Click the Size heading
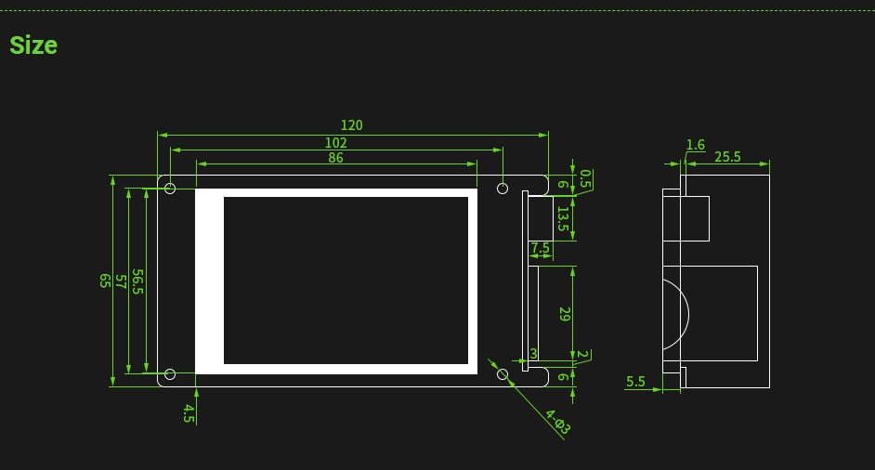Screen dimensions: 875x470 coord(33,46)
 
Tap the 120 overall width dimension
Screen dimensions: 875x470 coord(351,125)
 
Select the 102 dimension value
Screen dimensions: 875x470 coord(336,143)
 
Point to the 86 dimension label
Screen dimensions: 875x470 coord(336,157)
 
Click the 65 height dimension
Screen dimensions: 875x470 coord(104,281)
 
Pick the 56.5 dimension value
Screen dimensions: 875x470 coord(137,281)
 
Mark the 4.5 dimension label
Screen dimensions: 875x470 coord(189,413)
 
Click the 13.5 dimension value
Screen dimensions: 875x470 coord(563,219)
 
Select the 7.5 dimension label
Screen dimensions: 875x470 coord(540,247)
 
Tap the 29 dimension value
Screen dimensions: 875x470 coord(564,314)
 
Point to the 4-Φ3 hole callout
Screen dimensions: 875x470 coord(558,422)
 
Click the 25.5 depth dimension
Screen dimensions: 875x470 coord(727,157)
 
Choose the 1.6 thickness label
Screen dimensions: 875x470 coord(696,145)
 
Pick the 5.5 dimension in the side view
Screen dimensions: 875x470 coord(635,381)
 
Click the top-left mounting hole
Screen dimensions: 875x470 coord(170,189)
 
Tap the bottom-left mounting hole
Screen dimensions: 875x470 coord(170,374)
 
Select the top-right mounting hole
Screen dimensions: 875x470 coord(503,189)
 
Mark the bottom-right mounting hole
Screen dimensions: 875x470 coord(503,374)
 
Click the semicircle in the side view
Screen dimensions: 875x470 coord(688,314)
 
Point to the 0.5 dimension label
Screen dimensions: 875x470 coord(585,178)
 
